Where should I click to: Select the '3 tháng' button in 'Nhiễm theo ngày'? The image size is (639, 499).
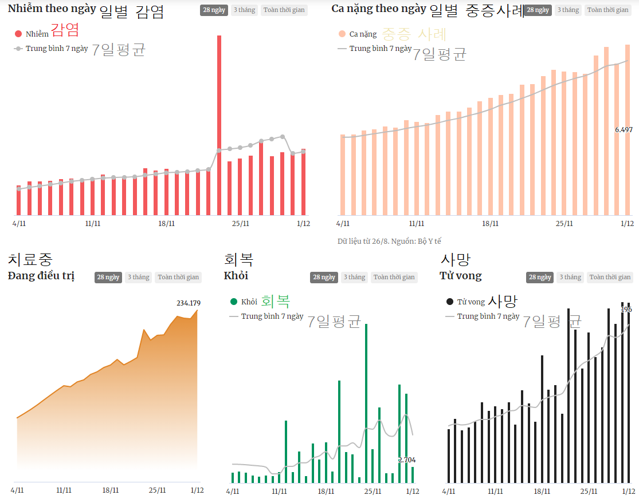point(244,10)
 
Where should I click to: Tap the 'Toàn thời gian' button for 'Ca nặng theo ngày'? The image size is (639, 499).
point(607,10)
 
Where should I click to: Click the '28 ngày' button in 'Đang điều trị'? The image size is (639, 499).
point(108,278)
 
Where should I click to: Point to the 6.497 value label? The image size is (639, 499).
point(624,130)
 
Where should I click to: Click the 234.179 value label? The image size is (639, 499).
point(189,303)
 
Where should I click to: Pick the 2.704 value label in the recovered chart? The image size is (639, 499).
point(406,460)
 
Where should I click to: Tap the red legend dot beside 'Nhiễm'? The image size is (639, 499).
point(18,34)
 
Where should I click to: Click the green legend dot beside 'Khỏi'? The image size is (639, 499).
point(233,302)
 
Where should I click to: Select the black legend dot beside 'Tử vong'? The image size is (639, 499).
point(449,302)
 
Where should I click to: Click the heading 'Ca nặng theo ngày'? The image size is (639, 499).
point(378,9)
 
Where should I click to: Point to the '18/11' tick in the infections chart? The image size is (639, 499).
point(167,223)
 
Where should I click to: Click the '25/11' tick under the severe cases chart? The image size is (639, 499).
point(564,224)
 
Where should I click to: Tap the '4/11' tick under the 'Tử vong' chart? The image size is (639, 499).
point(449,491)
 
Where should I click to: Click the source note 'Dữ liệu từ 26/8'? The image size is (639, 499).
point(389,241)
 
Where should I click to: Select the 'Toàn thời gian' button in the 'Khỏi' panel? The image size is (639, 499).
point(394,278)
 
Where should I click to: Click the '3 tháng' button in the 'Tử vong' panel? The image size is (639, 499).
point(570,278)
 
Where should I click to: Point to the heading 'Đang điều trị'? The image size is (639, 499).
point(41,276)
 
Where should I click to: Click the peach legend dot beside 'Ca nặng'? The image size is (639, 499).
point(342,34)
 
